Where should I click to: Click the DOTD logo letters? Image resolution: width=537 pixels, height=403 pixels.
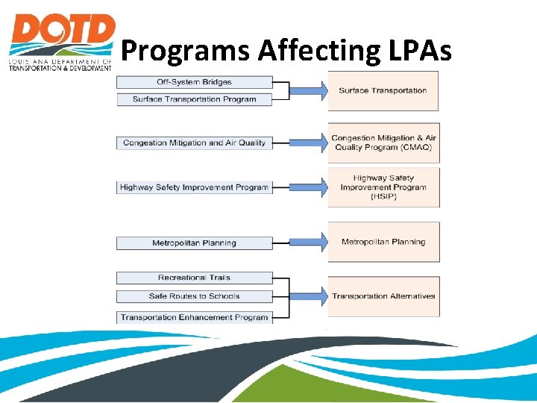click(62, 31)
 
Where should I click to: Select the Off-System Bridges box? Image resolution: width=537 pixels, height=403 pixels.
click(194, 82)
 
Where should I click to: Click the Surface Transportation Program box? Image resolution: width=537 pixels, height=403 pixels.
click(194, 99)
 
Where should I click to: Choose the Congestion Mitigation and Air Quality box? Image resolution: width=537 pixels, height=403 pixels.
click(194, 143)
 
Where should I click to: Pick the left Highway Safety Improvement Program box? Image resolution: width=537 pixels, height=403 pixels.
click(194, 187)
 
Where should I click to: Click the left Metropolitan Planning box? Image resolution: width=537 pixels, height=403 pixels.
click(194, 243)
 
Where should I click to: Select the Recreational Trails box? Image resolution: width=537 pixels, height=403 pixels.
click(194, 278)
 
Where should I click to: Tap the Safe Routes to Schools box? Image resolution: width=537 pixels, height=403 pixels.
click(194, 296)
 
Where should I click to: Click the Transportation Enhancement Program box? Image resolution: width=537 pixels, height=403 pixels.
click(194, 317)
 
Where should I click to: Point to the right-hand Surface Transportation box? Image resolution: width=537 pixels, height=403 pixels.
click(383, 91)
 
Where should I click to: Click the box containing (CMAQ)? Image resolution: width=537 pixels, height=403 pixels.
click(383, 143)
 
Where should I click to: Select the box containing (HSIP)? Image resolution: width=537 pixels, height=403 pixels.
click(383, 187)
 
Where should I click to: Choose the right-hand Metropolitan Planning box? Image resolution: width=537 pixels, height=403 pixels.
click(383, 242)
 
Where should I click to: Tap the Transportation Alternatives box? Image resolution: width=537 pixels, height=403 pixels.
click(383, 296)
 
